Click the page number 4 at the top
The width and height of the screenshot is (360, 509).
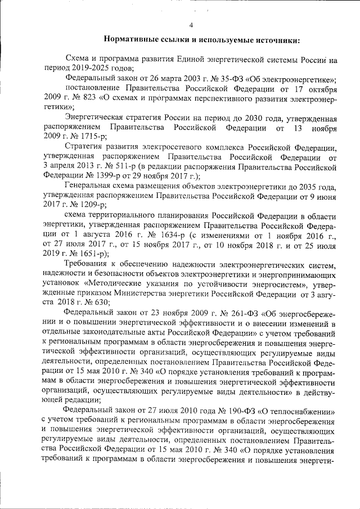(191, 25)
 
